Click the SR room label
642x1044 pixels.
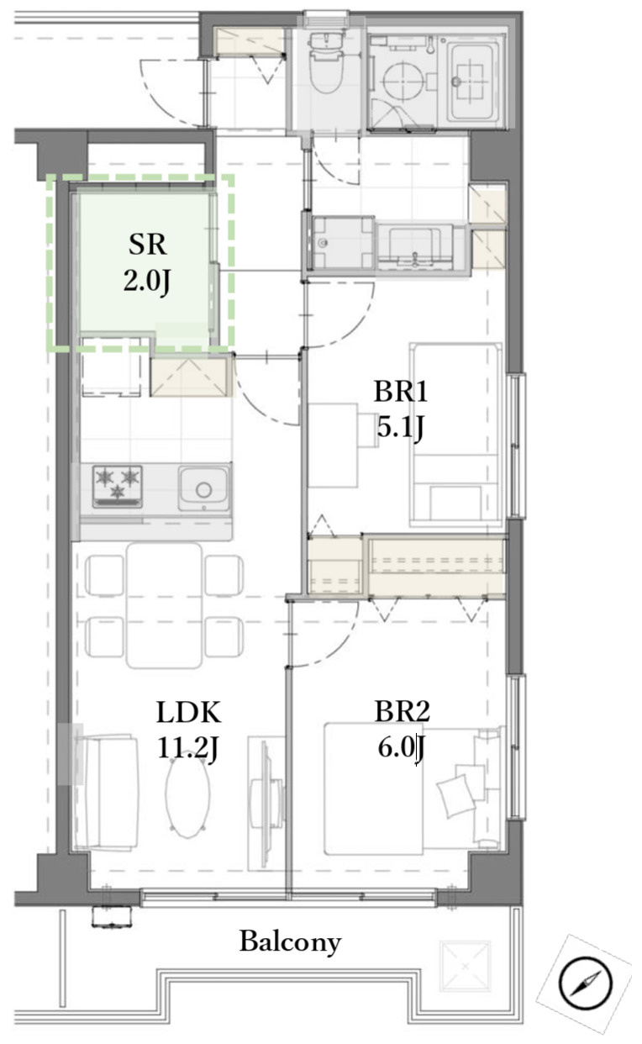147,245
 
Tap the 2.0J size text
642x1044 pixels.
147,282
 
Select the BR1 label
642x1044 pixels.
401,392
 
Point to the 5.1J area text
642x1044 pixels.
401,427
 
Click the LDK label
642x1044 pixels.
188,713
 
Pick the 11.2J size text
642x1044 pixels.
188,749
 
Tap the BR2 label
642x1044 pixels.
402,712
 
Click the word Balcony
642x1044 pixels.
290,942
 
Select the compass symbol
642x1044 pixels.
585,983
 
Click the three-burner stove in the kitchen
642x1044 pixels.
118,486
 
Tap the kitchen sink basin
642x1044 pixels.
203,488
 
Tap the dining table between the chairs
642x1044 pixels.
164,606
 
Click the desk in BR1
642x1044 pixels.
333,446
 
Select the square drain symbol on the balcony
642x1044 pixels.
466,965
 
